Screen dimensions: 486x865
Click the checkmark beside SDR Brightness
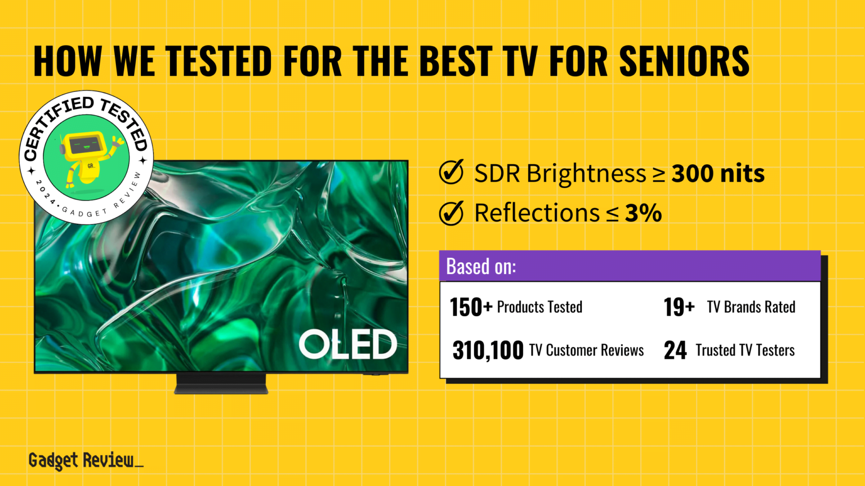(451, 172)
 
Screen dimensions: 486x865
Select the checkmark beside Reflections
(451, 213)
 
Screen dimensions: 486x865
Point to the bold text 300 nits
(718, 173)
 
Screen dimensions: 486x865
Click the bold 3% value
(643, 213)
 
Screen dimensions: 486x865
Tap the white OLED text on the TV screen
(347, 344)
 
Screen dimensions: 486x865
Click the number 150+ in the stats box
(471, 307)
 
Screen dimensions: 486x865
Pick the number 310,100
(488, 350)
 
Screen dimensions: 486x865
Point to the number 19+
(679, 307)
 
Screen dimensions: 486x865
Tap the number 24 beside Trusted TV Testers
(675, 350)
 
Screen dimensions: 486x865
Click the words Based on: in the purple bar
(481, 266)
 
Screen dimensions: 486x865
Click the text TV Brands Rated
(751, 307)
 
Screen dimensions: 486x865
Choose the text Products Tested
(539, 307)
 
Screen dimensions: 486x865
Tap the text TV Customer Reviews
(586, 350)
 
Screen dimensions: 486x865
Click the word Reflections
(537, 213)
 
